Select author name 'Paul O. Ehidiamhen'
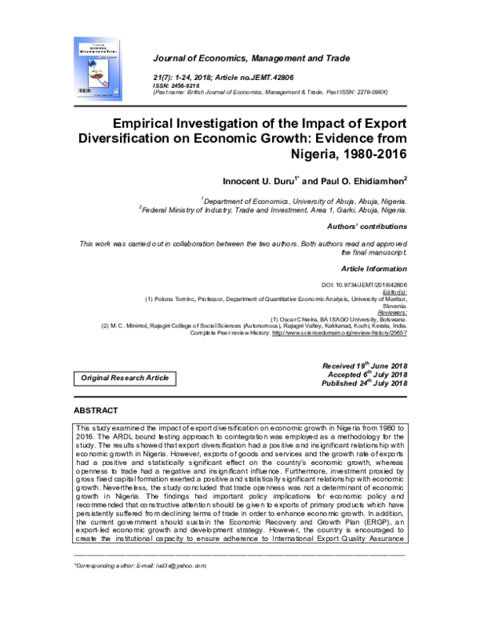(x=362, y=182)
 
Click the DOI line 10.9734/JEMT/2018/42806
(x=363, y=286)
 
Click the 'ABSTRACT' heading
(x=95, y=411)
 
